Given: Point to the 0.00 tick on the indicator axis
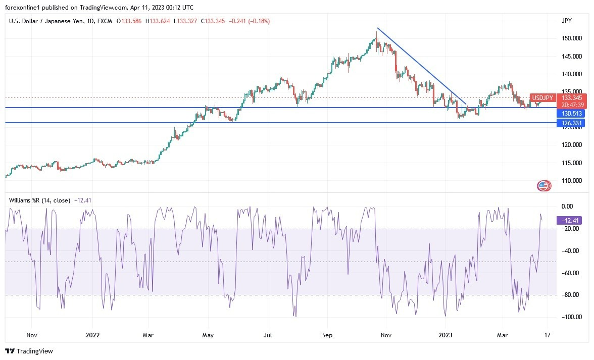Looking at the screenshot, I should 567,206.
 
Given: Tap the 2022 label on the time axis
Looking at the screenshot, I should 92,335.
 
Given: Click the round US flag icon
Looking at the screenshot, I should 543,186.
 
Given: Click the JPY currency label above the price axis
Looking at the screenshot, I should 566,21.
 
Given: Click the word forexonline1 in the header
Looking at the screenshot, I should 24,8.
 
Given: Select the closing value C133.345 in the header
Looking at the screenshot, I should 213,21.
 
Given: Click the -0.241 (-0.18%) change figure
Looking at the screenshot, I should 250,21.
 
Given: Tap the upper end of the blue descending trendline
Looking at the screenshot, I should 377,28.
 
